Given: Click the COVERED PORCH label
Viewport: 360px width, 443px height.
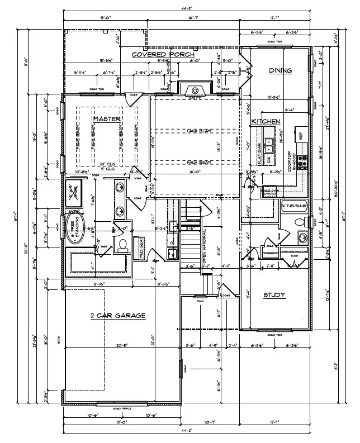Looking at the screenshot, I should pos(163,54).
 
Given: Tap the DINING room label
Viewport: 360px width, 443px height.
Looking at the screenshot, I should pos(281,70).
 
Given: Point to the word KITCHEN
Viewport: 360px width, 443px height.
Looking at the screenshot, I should pos(266,121).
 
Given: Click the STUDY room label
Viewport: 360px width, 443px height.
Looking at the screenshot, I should pos(274,295).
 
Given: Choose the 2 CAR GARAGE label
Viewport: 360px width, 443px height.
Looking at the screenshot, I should pos(118,316).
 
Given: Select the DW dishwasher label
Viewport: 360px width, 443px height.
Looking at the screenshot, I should pos(268,159).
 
